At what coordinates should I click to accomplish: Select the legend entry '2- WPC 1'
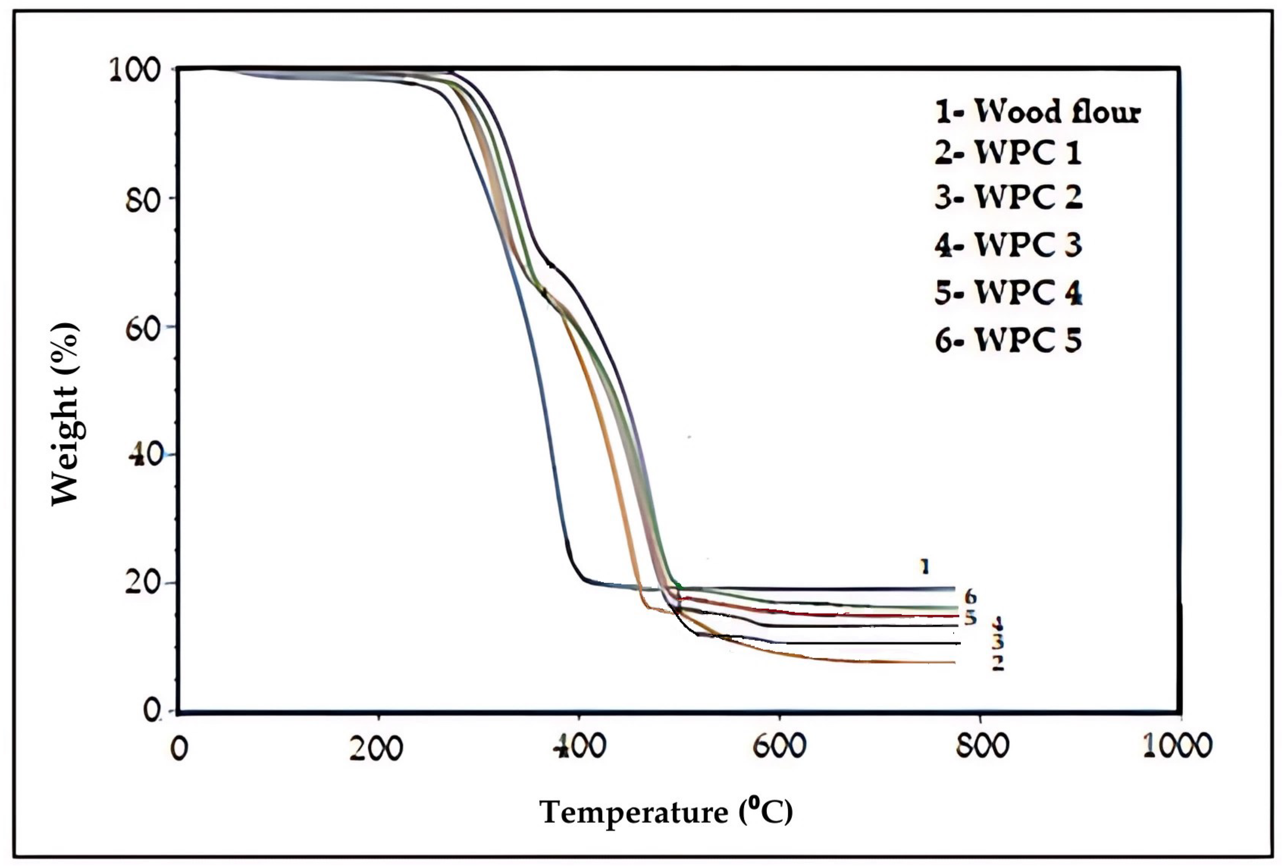click(1008, 153)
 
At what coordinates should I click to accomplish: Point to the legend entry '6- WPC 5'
click(1008, 340)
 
